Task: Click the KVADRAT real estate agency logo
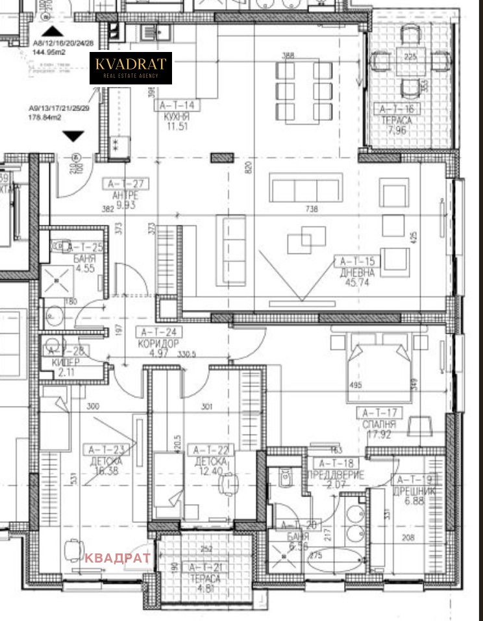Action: click(x=130, y=68)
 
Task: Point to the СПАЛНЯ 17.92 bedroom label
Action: click(x=380, y=423)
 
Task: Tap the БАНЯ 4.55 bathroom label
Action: click(x=86, y=257)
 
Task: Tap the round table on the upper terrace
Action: click(x=409, y=61)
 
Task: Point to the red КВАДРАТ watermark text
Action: click(x=118, y=557)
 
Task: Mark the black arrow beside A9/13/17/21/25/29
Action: click(x=74, y=136)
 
